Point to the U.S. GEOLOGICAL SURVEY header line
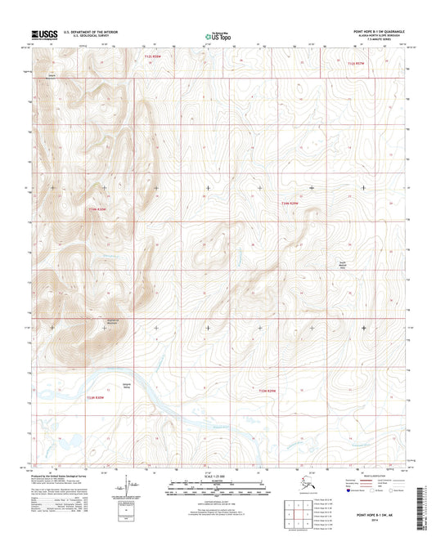pos(80,37)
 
